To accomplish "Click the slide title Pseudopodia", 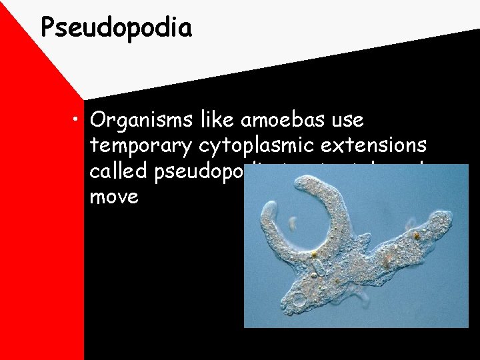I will [x=116, y=28].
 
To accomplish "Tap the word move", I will [x=114, y=197].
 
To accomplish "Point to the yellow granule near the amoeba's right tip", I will [x=416, y=235].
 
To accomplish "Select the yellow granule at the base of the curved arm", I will [x=313, y=255].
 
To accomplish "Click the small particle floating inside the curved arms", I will [x=292, y=223].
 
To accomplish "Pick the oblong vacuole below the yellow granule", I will [x=318, y=269].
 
